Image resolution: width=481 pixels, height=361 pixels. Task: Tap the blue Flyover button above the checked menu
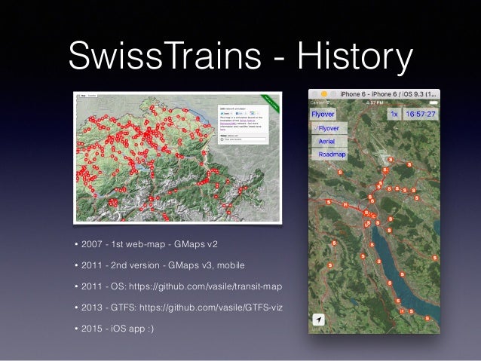coord(325,114)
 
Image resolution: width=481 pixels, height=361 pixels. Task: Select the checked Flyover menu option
coord(326,128)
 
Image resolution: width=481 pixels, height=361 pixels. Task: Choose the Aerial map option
coord(327,141)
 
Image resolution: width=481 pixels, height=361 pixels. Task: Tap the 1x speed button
coord(393,114)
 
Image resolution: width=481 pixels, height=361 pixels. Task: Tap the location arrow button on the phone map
coord(320,320)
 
